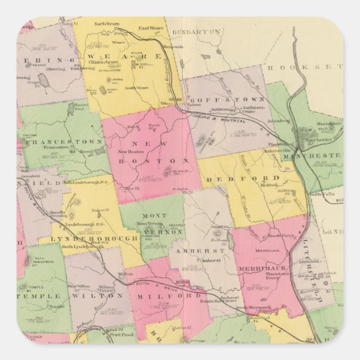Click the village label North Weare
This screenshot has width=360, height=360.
click(104, 24)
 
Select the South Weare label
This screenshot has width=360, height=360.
click(136, 88)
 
